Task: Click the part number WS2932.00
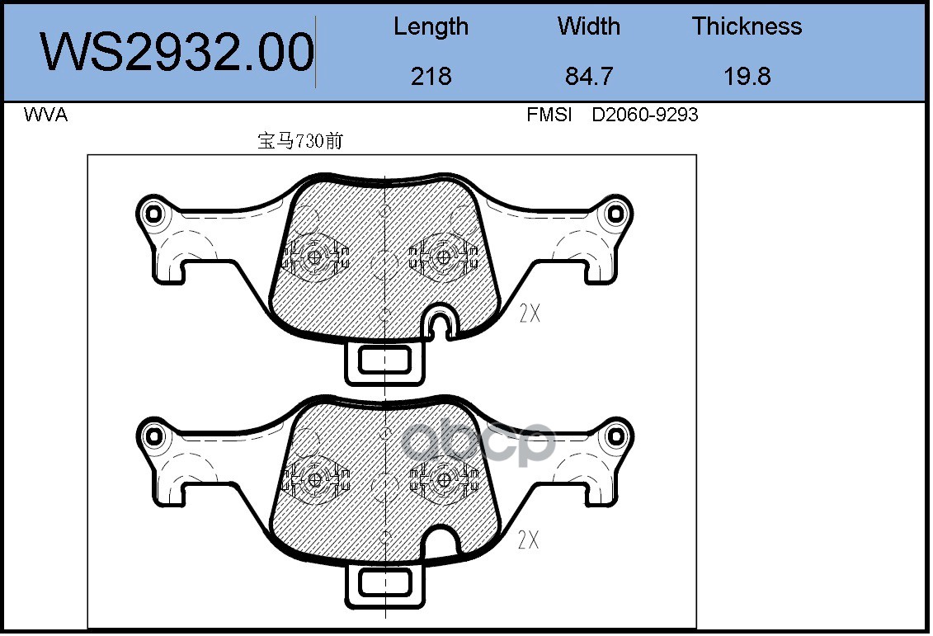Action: (x=177, y=52)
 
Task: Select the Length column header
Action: (x=431, y=27)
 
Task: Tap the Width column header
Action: (x=588, y=26)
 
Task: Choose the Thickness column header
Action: (x=747, y=26)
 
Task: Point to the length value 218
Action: (x=431, y=76)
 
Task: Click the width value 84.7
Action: (x=588, y=76)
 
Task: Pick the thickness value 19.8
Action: (x=747, y=76)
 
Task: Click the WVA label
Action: (x=45, y=114)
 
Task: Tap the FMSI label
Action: (x=549, y=114)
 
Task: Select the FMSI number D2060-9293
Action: (x=644, y=114)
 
